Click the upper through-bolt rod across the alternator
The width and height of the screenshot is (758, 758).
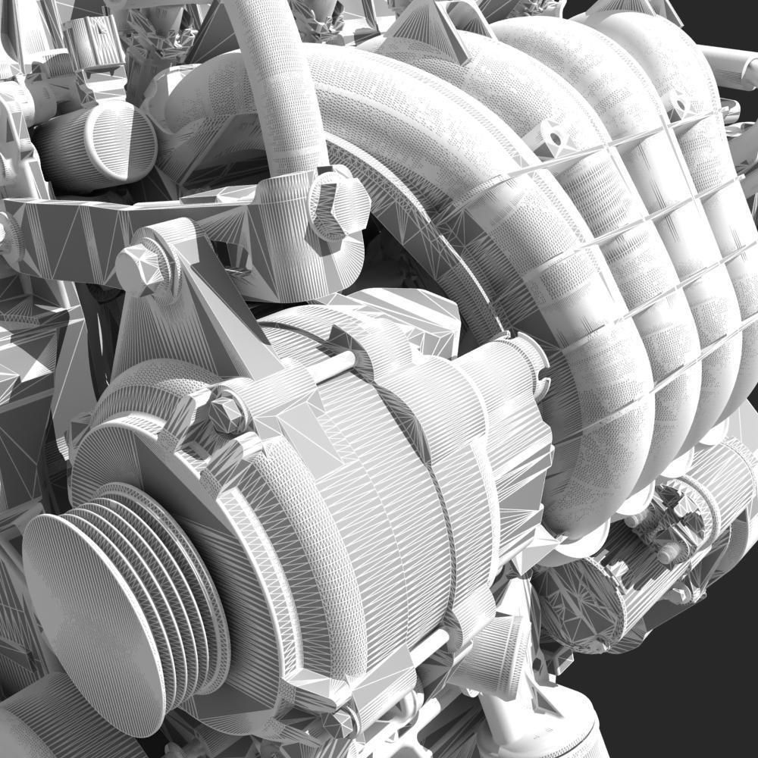[x=334, y=367]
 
